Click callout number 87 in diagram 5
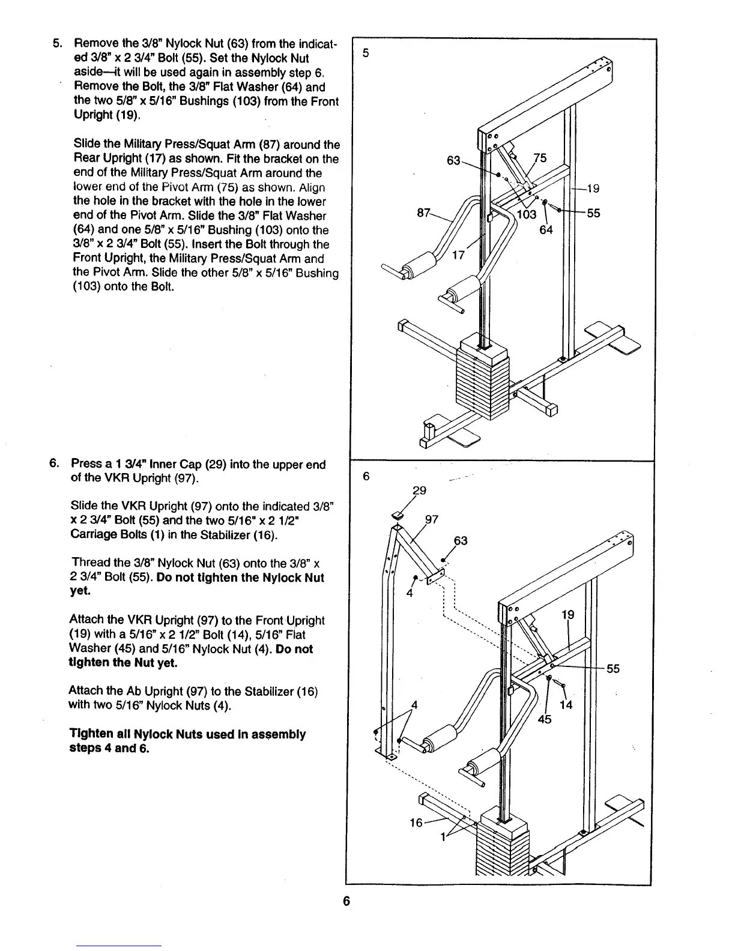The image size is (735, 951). coord(424,213)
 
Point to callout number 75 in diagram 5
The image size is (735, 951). coord(540,158)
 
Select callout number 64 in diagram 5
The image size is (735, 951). coord(546,229)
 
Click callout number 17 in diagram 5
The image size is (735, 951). coord(458,255)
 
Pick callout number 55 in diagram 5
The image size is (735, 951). coord(594,213)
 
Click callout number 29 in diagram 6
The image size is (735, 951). coord(420,491)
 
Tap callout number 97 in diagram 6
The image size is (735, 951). coord(432,519)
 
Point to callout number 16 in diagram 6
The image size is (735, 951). coord(416,823)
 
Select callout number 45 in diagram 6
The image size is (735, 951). coord(544,720)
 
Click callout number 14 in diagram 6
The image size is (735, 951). coord(566,705)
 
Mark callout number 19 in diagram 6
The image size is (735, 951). coord(567,614)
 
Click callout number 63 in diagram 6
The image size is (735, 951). coord(460,541)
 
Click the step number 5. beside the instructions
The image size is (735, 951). coord(57,44)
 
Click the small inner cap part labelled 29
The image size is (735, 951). coord(397,515)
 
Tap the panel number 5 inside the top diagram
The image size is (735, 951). coord(365,53)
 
